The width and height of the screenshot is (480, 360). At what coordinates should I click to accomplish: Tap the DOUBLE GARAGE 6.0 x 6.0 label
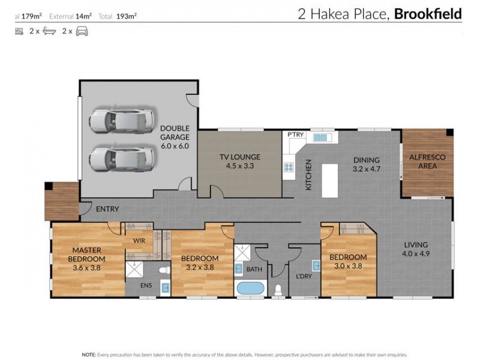[x=175, y=137]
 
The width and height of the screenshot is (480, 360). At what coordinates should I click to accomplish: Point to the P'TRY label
[x=295, y=135]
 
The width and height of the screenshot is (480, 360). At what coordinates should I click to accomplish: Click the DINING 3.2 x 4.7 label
[x=366, y=164]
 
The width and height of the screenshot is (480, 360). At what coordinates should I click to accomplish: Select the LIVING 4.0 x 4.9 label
[x=415, y=249]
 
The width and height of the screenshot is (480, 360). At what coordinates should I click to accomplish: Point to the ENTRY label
[x=107, y=209]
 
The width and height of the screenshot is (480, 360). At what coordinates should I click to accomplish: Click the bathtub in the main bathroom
[x=250, y=289]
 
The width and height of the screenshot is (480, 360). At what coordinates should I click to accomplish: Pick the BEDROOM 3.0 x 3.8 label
[x=348, y=262]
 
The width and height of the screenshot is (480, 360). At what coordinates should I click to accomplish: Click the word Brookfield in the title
[x=427, y=14]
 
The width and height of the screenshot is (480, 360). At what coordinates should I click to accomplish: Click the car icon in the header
[x=82, y=31]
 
